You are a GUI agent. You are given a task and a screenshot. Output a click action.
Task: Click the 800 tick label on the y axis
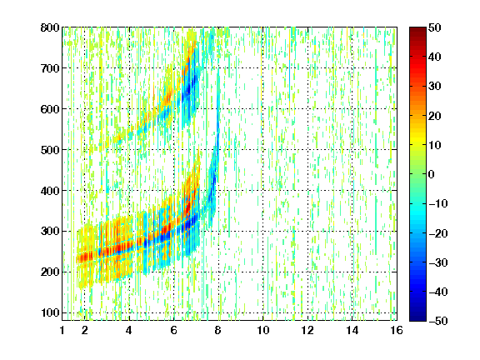[x=50, y=27]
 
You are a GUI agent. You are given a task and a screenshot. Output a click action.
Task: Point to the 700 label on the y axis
[x=50, y=68]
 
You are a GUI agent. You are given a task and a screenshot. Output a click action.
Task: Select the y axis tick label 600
[x=50, y=109]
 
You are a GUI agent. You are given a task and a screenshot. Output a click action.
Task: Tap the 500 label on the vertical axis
[x=50, y=150]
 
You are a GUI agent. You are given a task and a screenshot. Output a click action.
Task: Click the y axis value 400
[x=50, y=191]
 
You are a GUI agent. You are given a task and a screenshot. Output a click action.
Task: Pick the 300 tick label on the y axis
[x=50, y=231]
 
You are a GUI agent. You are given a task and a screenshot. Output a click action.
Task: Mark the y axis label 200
[x=50, y=272]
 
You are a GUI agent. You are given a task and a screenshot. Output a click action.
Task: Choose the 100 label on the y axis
[x=50, y=312]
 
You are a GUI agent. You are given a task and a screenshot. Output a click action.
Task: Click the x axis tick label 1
[x=62, y=330]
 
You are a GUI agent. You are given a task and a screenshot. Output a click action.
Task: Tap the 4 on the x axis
[x=129, y=330]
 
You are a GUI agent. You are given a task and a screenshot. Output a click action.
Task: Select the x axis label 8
[x=218, y=330]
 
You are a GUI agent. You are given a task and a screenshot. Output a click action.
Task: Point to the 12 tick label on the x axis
[x=307, y=330]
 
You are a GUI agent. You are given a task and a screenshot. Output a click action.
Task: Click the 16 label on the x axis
[x=397, y=330]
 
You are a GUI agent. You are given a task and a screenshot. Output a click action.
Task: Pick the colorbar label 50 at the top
[x=435, y=27]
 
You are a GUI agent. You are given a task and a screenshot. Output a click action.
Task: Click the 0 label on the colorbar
[x=432, y=174]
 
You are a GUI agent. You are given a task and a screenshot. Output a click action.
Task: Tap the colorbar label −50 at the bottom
[x=438, y=321]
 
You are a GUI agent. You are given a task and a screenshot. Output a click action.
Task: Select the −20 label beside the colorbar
[x=438, y=233]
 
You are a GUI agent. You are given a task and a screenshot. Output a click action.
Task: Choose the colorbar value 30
[x=435, y=86]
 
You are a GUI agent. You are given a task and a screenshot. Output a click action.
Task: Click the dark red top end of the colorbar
[x=417, y=29]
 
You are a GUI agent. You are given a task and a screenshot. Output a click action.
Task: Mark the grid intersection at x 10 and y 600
[x=262, y=108]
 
